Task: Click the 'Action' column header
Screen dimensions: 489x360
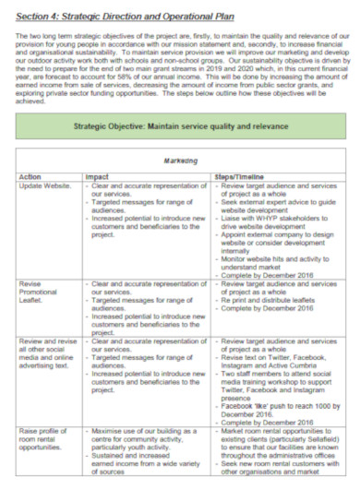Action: click(x=31, y=175)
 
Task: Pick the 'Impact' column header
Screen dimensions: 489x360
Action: click(x=98, y=175)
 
